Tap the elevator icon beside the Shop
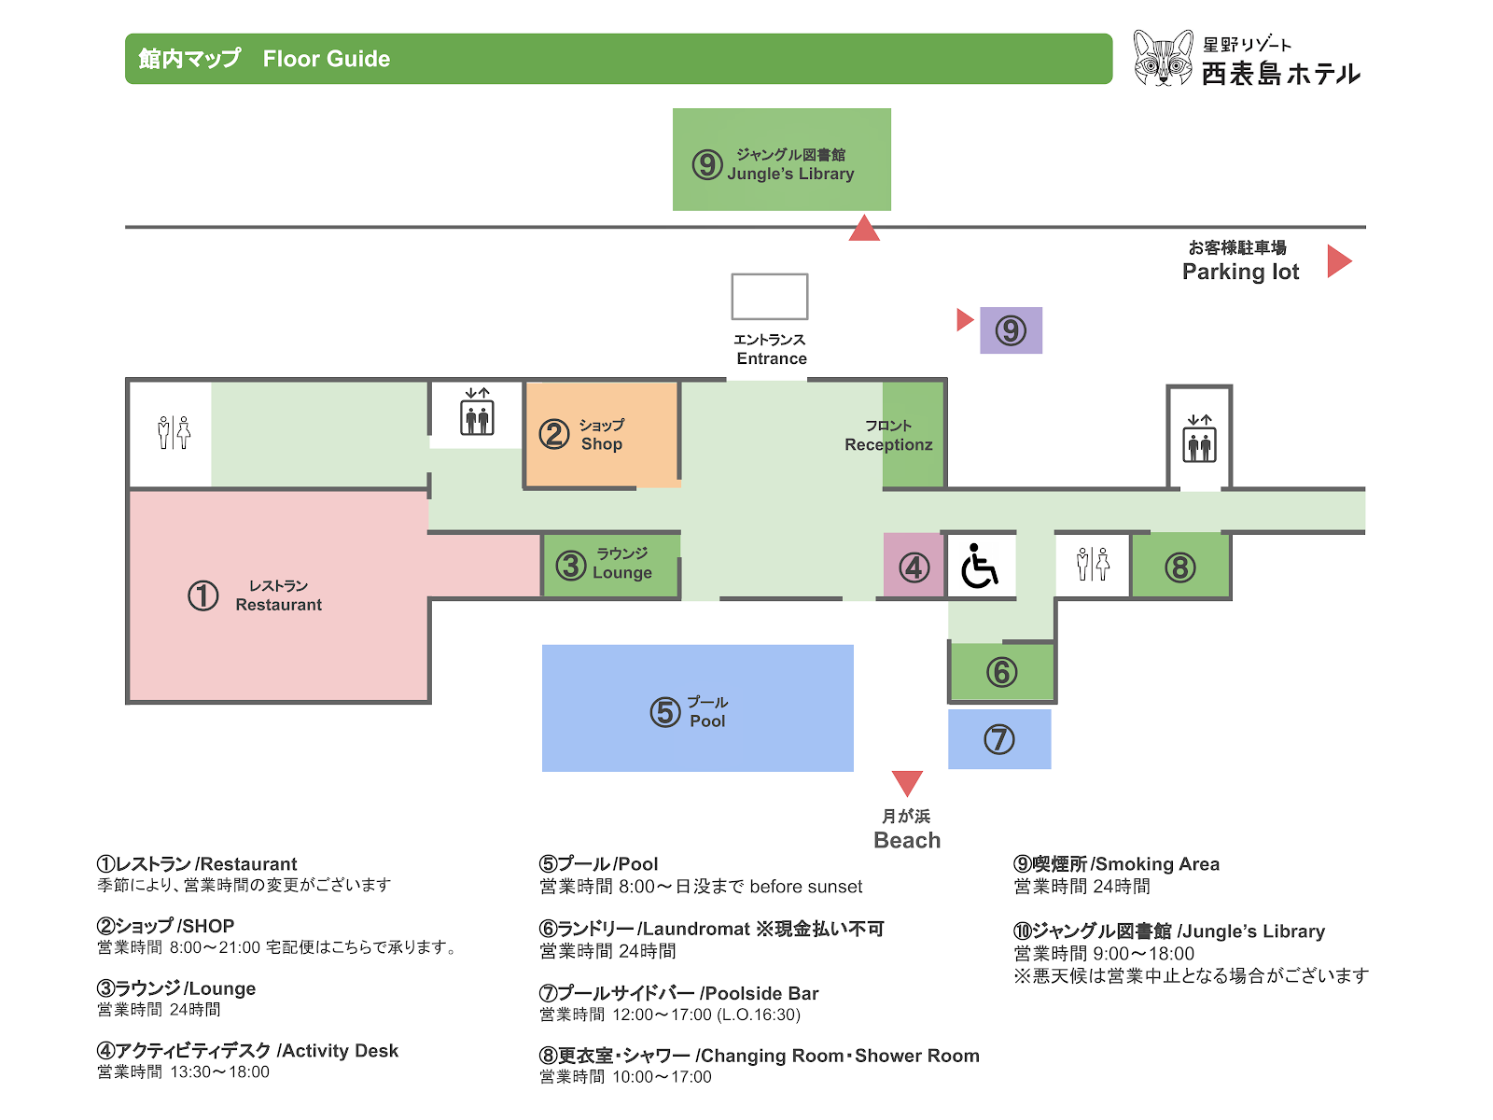pyautogui.click(x=477, y=412)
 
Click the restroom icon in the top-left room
pyautogui.click(x=174, y=432)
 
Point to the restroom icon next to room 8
pyautogui.click(x=1093, y=564)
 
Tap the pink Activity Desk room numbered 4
pyautogui.click(x=913, y=565)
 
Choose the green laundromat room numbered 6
pyautogui.click(x=1001, y=671)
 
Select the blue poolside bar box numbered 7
pyautogui.click(x=998, y=738)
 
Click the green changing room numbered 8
pyautogui.click(x=1179, y=565)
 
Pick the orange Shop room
pyautogui.click(x=602, y=434)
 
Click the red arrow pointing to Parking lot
pyautogui.click(x=1338, y=261)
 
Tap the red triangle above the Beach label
pyautogui.click(x=907, y=783)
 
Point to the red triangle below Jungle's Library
pyautogui.click(x=864, y=229)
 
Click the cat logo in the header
pyautogui.click(x=1162, y=58)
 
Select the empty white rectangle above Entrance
pyautogui.click(x=769, y=297)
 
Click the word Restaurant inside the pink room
pyautogui.click(x=278, y=605)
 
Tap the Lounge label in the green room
pyautogui.click(x=621, y=572)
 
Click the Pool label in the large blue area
pyautogui.click(x=707, y=721)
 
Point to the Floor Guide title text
pyautogui.click(x=327, y=59)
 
